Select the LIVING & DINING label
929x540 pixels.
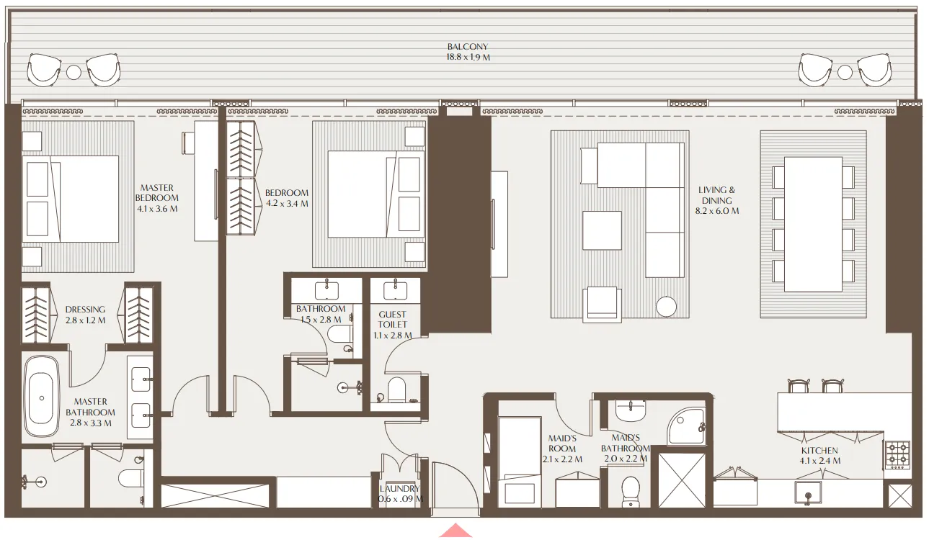[x=718, y=200]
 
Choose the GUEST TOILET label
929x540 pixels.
[x=393, y=325]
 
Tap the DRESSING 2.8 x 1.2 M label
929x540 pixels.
[x=85, y=315]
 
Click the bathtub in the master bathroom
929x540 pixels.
[x=41, y=398]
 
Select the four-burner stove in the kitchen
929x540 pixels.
[x=897, y=455]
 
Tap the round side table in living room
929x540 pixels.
[x=667, y=306]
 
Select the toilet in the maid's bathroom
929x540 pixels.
[x=631, y=491]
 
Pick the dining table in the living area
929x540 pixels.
[x=813, y=224]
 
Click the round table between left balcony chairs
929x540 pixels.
[x=74, y=72]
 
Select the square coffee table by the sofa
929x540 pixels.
[x=602, y=230]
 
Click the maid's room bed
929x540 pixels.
[x=519, y=461]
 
